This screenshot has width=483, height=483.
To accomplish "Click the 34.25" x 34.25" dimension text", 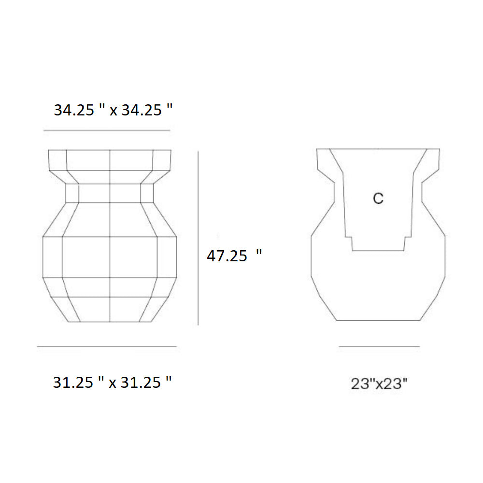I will [113, 111].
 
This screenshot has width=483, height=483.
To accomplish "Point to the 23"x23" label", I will [379, 384].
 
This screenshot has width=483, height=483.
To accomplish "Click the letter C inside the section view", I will [378, 199].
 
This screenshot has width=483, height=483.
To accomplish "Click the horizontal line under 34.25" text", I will [107, 130].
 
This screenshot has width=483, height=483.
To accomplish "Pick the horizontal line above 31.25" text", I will [107, 347].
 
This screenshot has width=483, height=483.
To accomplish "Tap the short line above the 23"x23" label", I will [379, 347].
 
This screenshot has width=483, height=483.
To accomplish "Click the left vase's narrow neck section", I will [110, 193].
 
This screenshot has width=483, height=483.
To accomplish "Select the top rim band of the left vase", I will [110, 159].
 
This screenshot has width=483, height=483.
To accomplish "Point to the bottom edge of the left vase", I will [110, 322].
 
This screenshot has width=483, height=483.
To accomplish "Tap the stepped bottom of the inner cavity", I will [378, 250].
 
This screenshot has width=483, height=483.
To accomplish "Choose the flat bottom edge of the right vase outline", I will [378, 320].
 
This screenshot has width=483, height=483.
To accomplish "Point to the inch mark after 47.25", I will [259, 253].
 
